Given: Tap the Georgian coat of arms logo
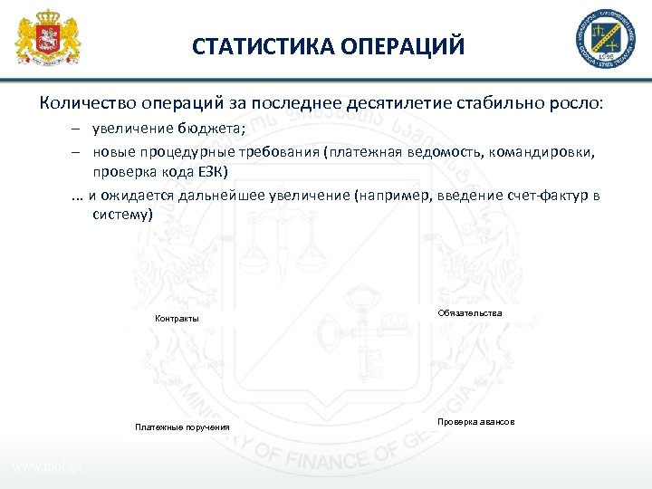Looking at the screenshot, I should [49, 39].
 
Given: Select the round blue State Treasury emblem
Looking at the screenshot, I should [602, 39].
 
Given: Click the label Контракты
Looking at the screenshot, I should [177, 319].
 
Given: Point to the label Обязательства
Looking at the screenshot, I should [469, 312].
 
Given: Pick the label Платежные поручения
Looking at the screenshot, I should [182, 427].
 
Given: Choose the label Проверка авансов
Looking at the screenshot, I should [475, 423].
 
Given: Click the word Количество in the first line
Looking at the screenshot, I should [86, 101].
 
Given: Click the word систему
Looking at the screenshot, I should [122, 216].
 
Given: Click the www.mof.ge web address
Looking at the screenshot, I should [47, 467].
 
